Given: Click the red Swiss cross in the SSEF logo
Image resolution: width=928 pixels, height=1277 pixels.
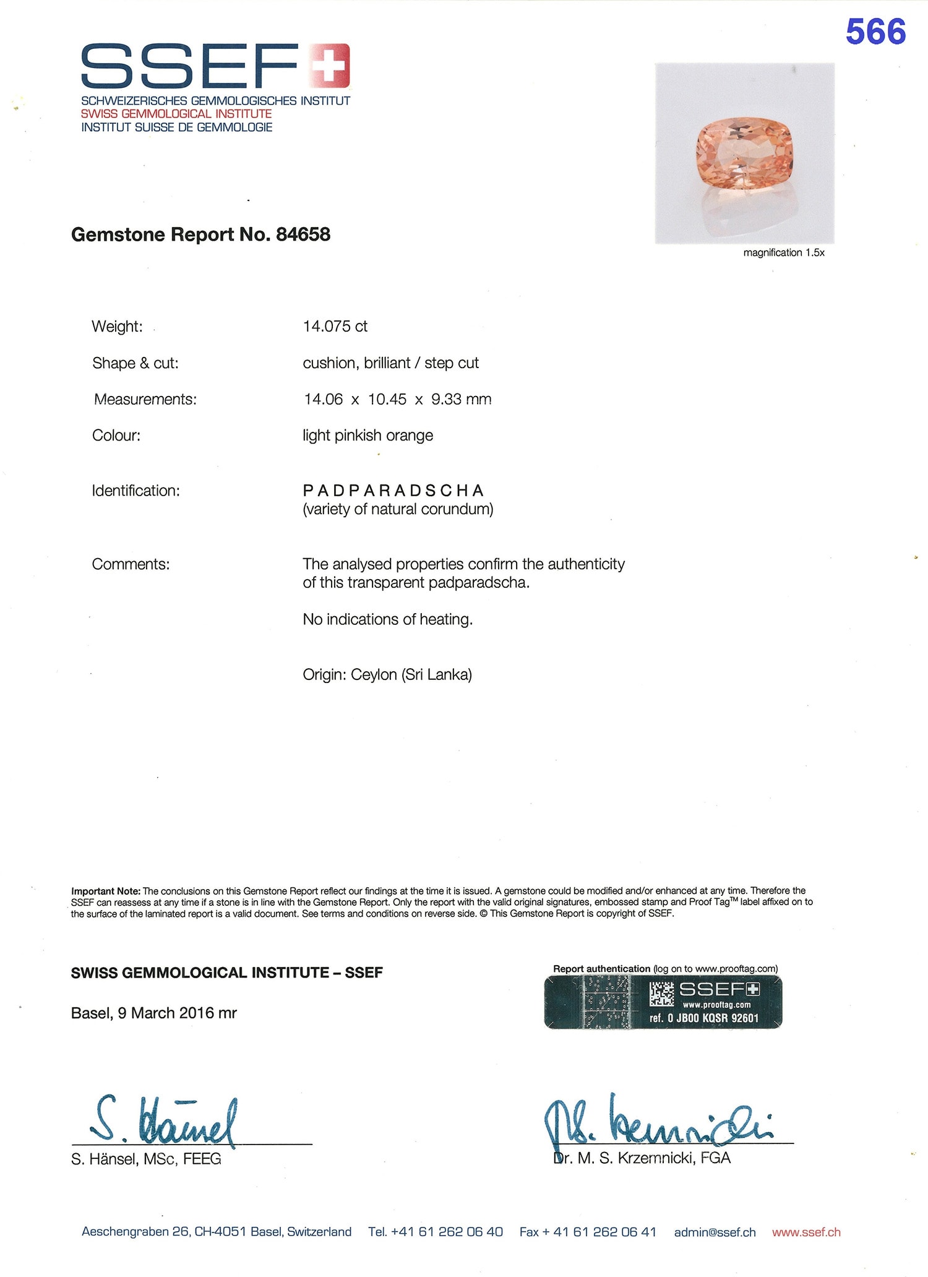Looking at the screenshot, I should [x=329, y=65].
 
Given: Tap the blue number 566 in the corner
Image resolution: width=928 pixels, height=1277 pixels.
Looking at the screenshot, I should [x=875, y=32].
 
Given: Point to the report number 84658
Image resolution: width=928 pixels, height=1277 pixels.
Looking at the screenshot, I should [x=303, y=234].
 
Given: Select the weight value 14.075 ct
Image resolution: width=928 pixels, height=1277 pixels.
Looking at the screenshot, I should [x=335, y=326].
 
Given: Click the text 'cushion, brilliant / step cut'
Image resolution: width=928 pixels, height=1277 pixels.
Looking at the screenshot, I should [x=390, y=363].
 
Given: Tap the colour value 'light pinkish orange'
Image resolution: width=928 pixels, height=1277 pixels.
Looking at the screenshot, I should [x=367, y=436].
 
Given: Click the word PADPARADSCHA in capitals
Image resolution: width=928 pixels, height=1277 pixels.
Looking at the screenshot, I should [x=393, y=491].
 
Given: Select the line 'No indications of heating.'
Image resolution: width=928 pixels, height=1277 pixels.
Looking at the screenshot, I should [x=387, y=619].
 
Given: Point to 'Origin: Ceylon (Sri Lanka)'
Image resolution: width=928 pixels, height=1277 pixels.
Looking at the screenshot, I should [x=387, y=674].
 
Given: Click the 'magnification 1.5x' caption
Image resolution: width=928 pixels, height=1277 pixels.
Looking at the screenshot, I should [x=783, y=252].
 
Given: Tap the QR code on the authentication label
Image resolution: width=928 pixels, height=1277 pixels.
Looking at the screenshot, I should [x=661, y=994].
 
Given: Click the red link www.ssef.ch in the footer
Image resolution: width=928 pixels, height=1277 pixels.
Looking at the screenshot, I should [x=806, y=1232].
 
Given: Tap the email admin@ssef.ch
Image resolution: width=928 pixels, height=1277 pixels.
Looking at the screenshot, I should [x=715, y=1232].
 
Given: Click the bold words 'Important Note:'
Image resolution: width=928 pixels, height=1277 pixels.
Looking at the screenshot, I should [x=105, y=891].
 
